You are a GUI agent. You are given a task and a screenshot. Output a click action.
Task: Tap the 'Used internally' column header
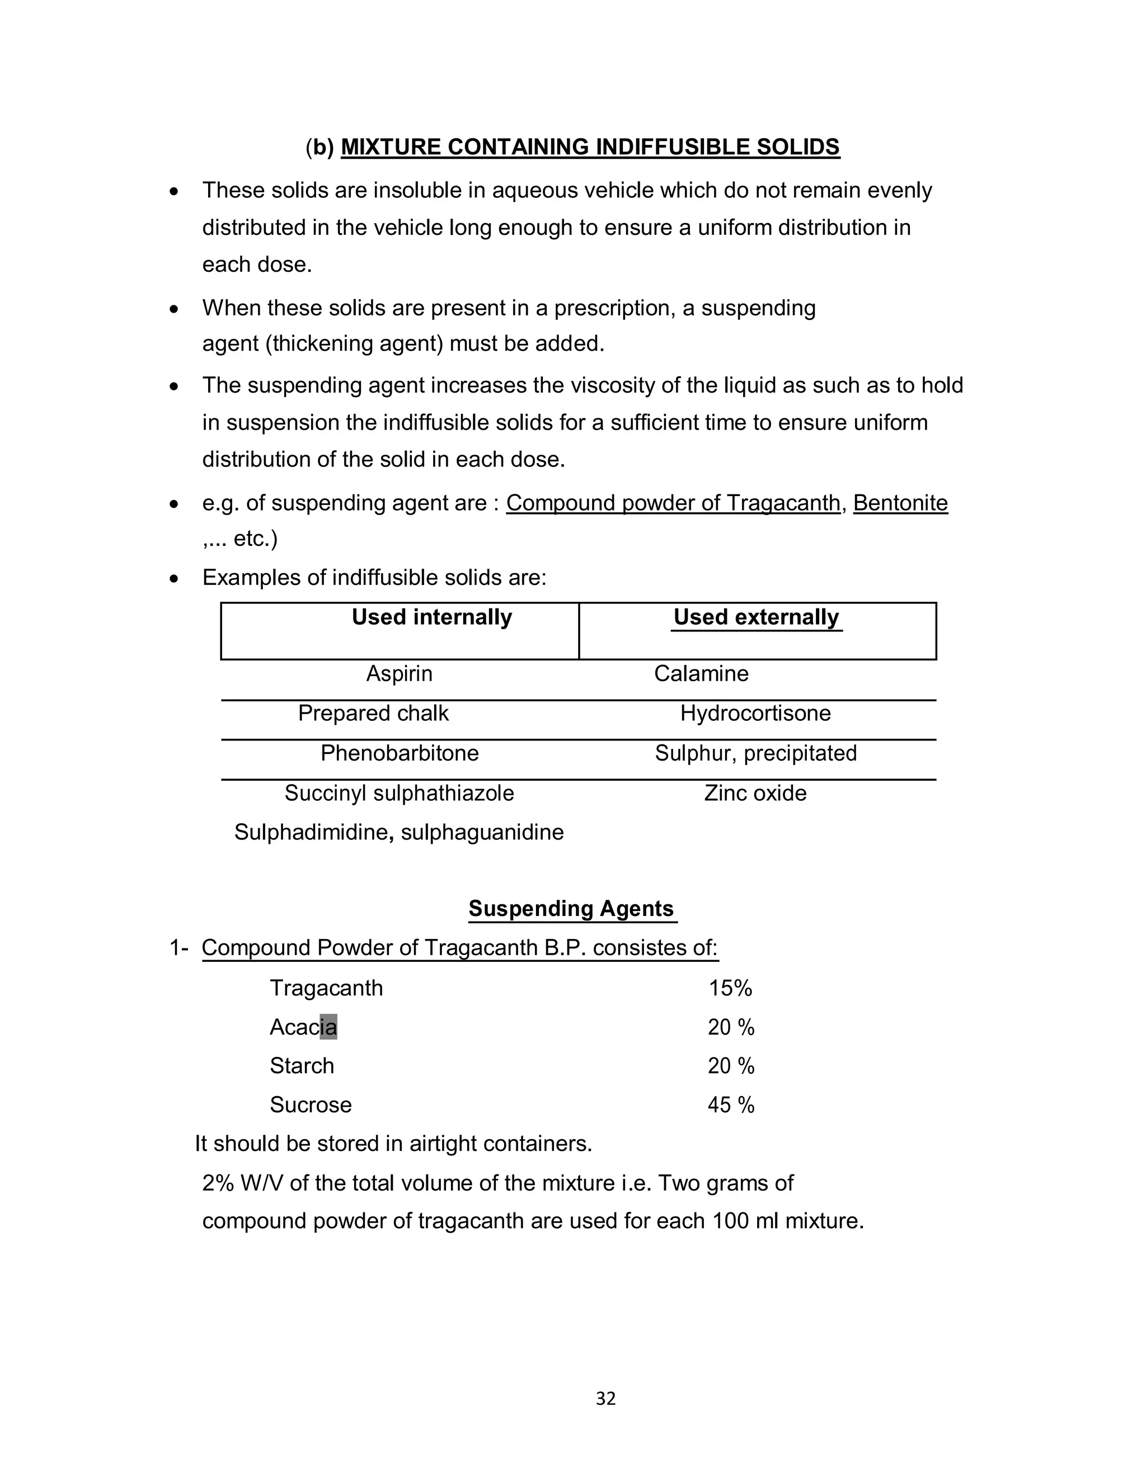click(x=432, y=617)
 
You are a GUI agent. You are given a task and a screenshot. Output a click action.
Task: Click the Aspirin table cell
click(x=399, y=673)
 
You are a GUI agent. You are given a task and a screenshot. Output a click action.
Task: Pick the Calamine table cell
click(x=701, y=673)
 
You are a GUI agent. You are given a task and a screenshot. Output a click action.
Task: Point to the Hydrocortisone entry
click(x=755, y=713)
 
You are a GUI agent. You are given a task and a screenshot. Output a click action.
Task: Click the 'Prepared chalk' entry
click(x=373, y=713)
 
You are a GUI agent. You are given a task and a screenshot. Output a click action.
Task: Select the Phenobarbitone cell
click(x=399, y=753)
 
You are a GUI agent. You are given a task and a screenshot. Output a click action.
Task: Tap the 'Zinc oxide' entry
click(x=755, y=792)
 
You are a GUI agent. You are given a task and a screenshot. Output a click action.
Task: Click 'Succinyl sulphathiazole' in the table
click(x=399, y=792)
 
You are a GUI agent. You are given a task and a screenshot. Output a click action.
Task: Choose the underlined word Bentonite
click(x=900, y=503)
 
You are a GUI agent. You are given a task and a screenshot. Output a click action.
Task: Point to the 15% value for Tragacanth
click(x=730, y=988)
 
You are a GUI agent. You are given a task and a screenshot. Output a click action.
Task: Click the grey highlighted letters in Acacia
click(x=328, y=1027)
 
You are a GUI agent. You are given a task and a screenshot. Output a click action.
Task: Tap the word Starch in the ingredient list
click(x=302, y=1066)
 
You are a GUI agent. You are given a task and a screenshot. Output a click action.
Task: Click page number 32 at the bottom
click(x=605, y=1399)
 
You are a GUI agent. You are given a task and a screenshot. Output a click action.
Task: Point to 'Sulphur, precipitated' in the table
click(x=755, y=753)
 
